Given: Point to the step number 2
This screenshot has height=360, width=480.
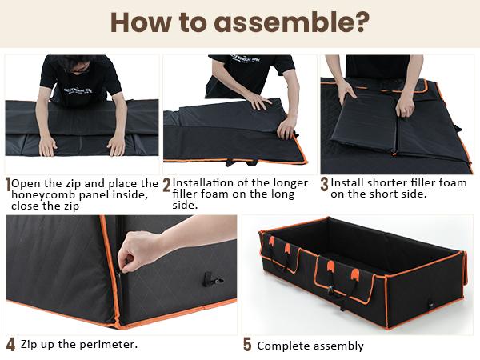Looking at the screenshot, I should (166, 185).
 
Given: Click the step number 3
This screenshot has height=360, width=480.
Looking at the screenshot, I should (324, 184).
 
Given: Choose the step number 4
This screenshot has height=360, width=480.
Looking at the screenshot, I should (10, 346).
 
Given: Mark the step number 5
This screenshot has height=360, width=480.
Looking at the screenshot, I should (247, 346).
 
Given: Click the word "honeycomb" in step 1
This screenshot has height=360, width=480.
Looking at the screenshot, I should (46, 194).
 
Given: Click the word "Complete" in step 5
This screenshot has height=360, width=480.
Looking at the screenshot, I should (284, 346).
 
